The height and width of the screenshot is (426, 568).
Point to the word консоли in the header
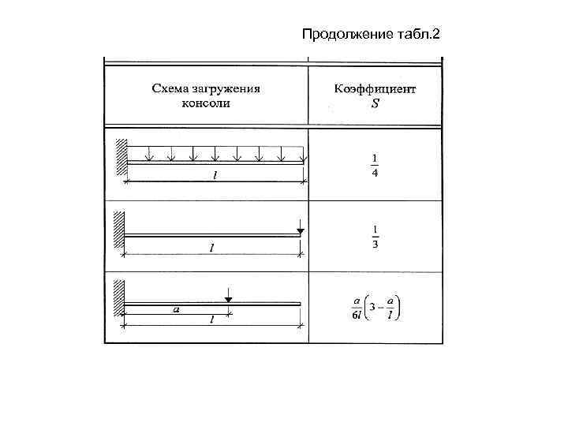point(205,103)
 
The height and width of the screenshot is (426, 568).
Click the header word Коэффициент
point(375,88)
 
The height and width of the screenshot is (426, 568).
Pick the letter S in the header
point(375,103)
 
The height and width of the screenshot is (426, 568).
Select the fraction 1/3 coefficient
point(375,236)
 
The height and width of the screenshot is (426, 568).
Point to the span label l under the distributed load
point(215,177)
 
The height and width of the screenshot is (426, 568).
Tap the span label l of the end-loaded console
point(211,248)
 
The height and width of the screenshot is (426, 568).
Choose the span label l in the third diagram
point(211,319)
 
